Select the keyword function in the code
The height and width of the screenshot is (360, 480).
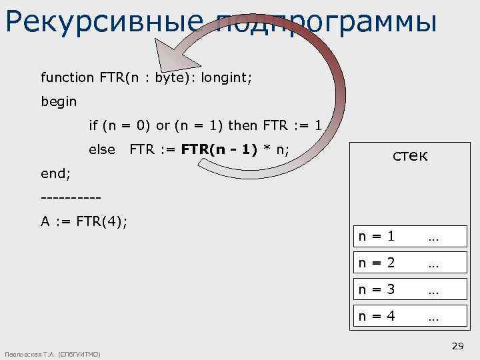tap(67, 77)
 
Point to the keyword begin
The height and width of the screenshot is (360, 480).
tap(59, 103)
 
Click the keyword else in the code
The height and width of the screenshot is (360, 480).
tap(102, 149)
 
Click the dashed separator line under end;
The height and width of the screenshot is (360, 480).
tap(71, 198)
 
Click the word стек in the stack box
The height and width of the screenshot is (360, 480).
tap(410, 156)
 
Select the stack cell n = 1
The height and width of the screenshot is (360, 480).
tap(377, 236)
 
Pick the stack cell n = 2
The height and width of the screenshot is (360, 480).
tap(377, 263)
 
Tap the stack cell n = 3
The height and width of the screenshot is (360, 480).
tap(377, 289)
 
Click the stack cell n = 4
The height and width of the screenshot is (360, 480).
tap(377, 316)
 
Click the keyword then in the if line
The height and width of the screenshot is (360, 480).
tap(242, 125)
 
